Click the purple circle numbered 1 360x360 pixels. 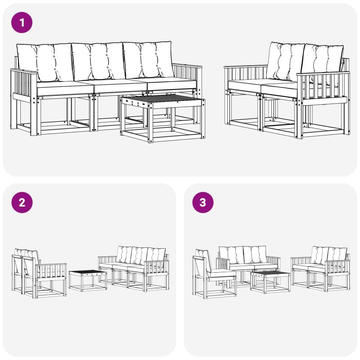point(22,22)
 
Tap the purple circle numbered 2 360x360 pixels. point(22,202)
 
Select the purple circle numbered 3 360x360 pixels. point(203,202)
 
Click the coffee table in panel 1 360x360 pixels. point(163,118)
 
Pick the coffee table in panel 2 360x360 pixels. point(88,280)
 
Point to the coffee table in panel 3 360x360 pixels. point(270,282)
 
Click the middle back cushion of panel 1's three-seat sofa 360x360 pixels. point(99,61)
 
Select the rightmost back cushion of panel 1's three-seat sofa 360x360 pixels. point(148,60)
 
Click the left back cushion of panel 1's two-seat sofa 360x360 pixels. point(286,62)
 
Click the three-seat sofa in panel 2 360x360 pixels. point(133,269)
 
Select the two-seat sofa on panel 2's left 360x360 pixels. point(39,273)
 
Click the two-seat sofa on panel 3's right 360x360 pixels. point(320,269)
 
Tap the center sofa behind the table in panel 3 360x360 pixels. point(248,264)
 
